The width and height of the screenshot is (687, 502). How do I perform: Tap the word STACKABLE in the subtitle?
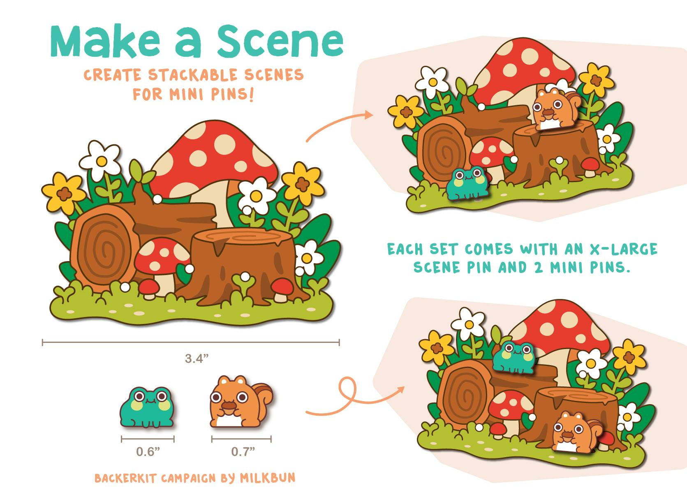[193, 75]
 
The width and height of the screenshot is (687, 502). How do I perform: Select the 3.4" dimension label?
[197, 358]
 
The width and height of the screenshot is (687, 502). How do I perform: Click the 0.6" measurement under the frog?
[148, 451]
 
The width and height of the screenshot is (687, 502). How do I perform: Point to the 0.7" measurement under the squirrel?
[243, 451]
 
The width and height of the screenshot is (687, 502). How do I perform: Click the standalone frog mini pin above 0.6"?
[147, 407]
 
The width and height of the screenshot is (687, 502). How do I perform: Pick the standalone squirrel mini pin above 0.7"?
[241, 402]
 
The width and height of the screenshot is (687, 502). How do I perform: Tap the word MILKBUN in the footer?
[267, 478]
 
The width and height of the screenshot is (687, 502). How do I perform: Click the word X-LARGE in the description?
[624, 249]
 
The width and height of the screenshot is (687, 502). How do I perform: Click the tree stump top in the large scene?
[242, 237]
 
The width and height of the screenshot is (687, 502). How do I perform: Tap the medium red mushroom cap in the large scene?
[162, 255]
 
